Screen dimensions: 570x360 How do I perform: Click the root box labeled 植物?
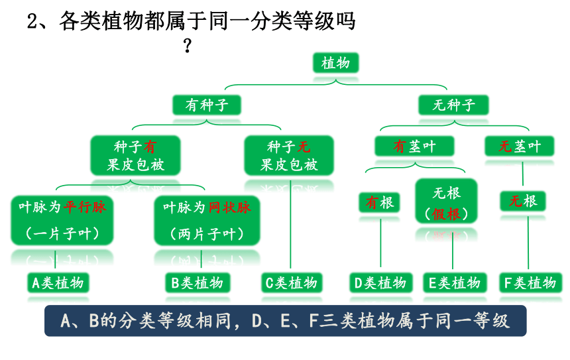click(x=336, y=63)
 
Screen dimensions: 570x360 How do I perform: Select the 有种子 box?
click(x=207, y=105)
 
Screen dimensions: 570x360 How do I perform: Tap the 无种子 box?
click(x=453, y=105)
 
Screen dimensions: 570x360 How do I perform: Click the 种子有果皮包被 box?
click(x=136, y=155)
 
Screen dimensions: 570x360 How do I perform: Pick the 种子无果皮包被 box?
click(x=289, y=155)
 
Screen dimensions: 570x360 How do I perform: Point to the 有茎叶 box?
click(x=414, y=146)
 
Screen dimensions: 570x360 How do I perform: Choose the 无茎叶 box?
click(x=520, y=146)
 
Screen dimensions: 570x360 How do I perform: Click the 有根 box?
click(x=380, y=202)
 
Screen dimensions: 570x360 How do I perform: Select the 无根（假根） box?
click(x=447, y=201)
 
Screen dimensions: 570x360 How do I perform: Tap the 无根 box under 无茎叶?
click(x=523, y=201)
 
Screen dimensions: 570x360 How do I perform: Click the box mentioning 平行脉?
click(x=62, y=220)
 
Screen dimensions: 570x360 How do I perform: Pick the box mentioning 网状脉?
click(x=207, y=220)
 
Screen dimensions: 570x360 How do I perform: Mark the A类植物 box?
click(x=58, y=282)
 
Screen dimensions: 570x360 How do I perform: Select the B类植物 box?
click(x=198, y=282)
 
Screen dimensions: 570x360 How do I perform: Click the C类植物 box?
click(x=292, y=282)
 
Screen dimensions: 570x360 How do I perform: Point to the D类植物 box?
click(x=381, y=282)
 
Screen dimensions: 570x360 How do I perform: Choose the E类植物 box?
click(x=455, y=282)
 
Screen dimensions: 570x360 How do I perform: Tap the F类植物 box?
click(x=530, y=282)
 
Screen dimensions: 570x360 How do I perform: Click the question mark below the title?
click(x=187, y=46)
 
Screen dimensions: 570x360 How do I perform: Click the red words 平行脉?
click(x=85, y=208)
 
